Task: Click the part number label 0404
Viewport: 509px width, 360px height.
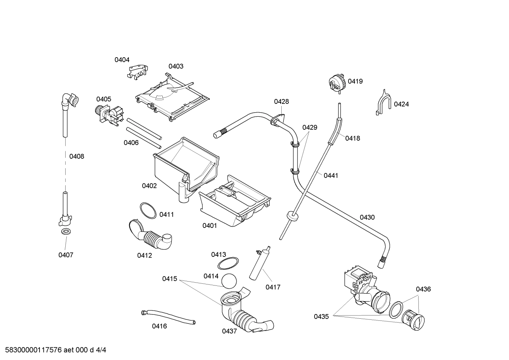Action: tap(122, 60)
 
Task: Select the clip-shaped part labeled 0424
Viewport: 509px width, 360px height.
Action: tap(383, 103)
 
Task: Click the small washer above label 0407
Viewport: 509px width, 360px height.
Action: tap(65, 232)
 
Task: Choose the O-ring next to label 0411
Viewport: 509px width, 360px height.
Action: tap(148, 211)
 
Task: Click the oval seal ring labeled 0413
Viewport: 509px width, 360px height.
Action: tap(228, 264)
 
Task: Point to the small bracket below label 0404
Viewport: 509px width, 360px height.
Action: tap(138, 71)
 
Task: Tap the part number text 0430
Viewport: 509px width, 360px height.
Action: tap(367, 217)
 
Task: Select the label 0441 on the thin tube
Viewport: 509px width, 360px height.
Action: tap(331, 175)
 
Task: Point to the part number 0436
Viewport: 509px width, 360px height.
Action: tap(423, 289)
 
